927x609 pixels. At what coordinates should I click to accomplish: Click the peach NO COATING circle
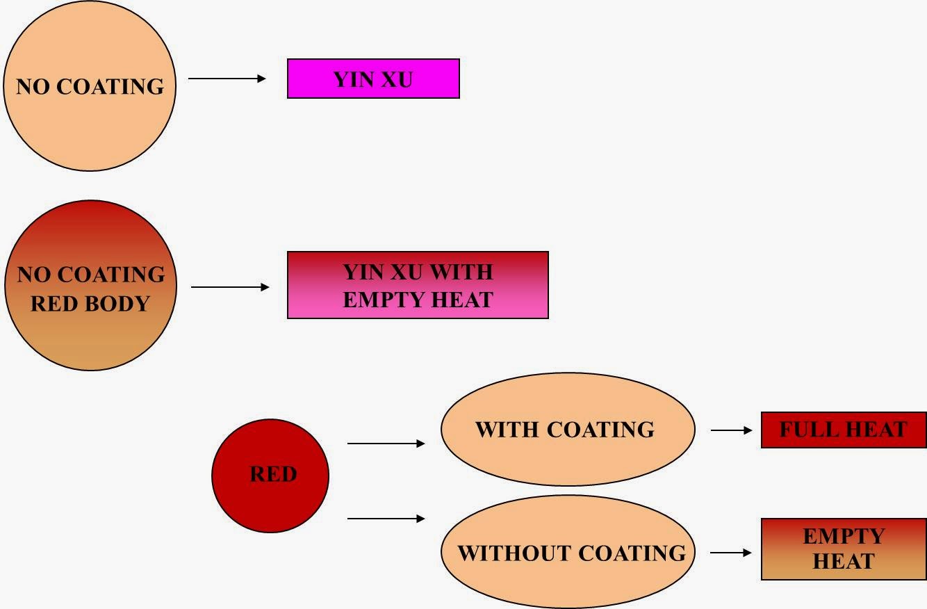(90, 86)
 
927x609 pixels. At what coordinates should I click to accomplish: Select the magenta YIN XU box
(373, 79)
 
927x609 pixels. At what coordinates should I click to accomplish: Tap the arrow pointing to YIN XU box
(227, 79)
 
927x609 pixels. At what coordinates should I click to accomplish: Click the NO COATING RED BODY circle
(90, 286)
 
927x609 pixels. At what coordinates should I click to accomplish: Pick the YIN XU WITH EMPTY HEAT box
(418, 285)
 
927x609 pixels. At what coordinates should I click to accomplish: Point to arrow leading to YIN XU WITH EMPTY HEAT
(230, 286)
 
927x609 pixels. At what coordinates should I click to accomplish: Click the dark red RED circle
(270, 475)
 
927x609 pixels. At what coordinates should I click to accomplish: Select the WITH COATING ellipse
(567, 429)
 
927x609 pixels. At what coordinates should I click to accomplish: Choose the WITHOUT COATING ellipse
(567, 552)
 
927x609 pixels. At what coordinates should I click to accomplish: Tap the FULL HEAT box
(843, 430)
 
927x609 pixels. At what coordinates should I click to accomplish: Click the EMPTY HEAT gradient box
(843, 549)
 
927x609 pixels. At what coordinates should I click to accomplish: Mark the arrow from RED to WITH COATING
(386, 443)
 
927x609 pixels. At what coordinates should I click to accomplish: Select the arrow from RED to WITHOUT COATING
(386, 518)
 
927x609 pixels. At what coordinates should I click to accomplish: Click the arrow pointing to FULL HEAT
(731, 430)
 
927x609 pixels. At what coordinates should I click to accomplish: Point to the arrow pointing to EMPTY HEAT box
(731, 553)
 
